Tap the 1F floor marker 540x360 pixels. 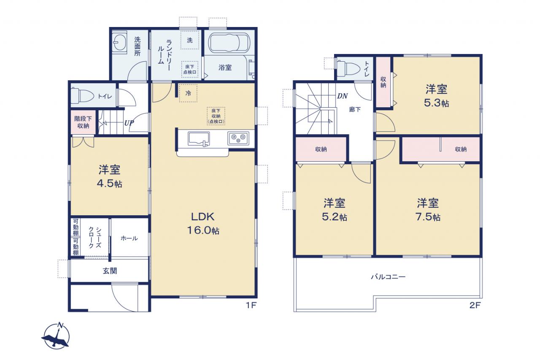(x=251, y=305)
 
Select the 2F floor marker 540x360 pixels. (x=475, y=305)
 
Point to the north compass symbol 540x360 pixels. (x=56, y=336)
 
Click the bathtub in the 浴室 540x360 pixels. (x=229, y=43)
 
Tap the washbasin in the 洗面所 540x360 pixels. (x=119, y=43)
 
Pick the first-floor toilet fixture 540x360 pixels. (x=82, y=96)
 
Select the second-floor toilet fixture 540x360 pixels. (x=348, y=68)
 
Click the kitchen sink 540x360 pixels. (x=199, y=139)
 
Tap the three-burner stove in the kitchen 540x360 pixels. (x=238, y=138)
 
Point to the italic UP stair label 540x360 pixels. (x=129, y=123)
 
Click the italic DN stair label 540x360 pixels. (x=342, y=96)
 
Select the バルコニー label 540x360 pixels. (x=388, y=276)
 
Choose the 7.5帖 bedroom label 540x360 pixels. (x=428, y=210)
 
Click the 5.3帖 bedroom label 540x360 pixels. (x=436, y=96)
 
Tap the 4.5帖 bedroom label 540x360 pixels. (x=109, y=176)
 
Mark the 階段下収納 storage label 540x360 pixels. (x=83, y=122)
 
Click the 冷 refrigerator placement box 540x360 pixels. (x=188, y=93)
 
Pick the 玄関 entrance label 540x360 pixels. (x=110, y=271)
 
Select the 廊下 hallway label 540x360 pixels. (x=355, y=109)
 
